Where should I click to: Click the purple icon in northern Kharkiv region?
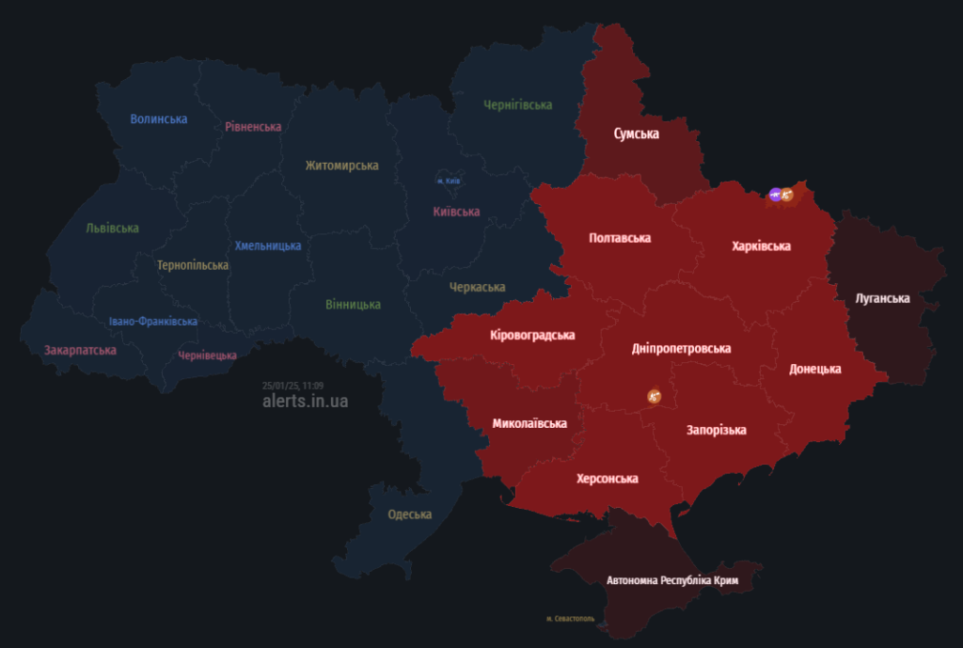click(775, 195)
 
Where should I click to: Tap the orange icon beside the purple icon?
click(788, 195)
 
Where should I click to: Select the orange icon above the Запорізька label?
click(655, 397)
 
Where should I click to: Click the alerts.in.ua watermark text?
click(306, 401)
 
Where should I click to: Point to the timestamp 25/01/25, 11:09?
click(293, 386)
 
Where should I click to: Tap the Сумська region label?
click(637, 134)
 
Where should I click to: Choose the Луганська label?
click(883, 298)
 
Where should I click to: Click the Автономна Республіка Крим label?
click(672, 580)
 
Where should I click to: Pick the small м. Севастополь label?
click(570, 618)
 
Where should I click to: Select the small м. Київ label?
click(448, 181)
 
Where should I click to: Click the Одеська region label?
click(410, 514)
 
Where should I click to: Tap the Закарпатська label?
click(80, 350)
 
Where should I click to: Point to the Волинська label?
click(159, 119)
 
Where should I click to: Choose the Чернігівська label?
click(517, 104)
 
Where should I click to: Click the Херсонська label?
click(608, 479)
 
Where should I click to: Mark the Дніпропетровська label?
click(682, 349)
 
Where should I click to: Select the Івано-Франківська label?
click(153, 322)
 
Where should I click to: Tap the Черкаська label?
click(477, 287)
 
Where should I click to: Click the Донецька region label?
click(815, 369)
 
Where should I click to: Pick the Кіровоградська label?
click(533, 335)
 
